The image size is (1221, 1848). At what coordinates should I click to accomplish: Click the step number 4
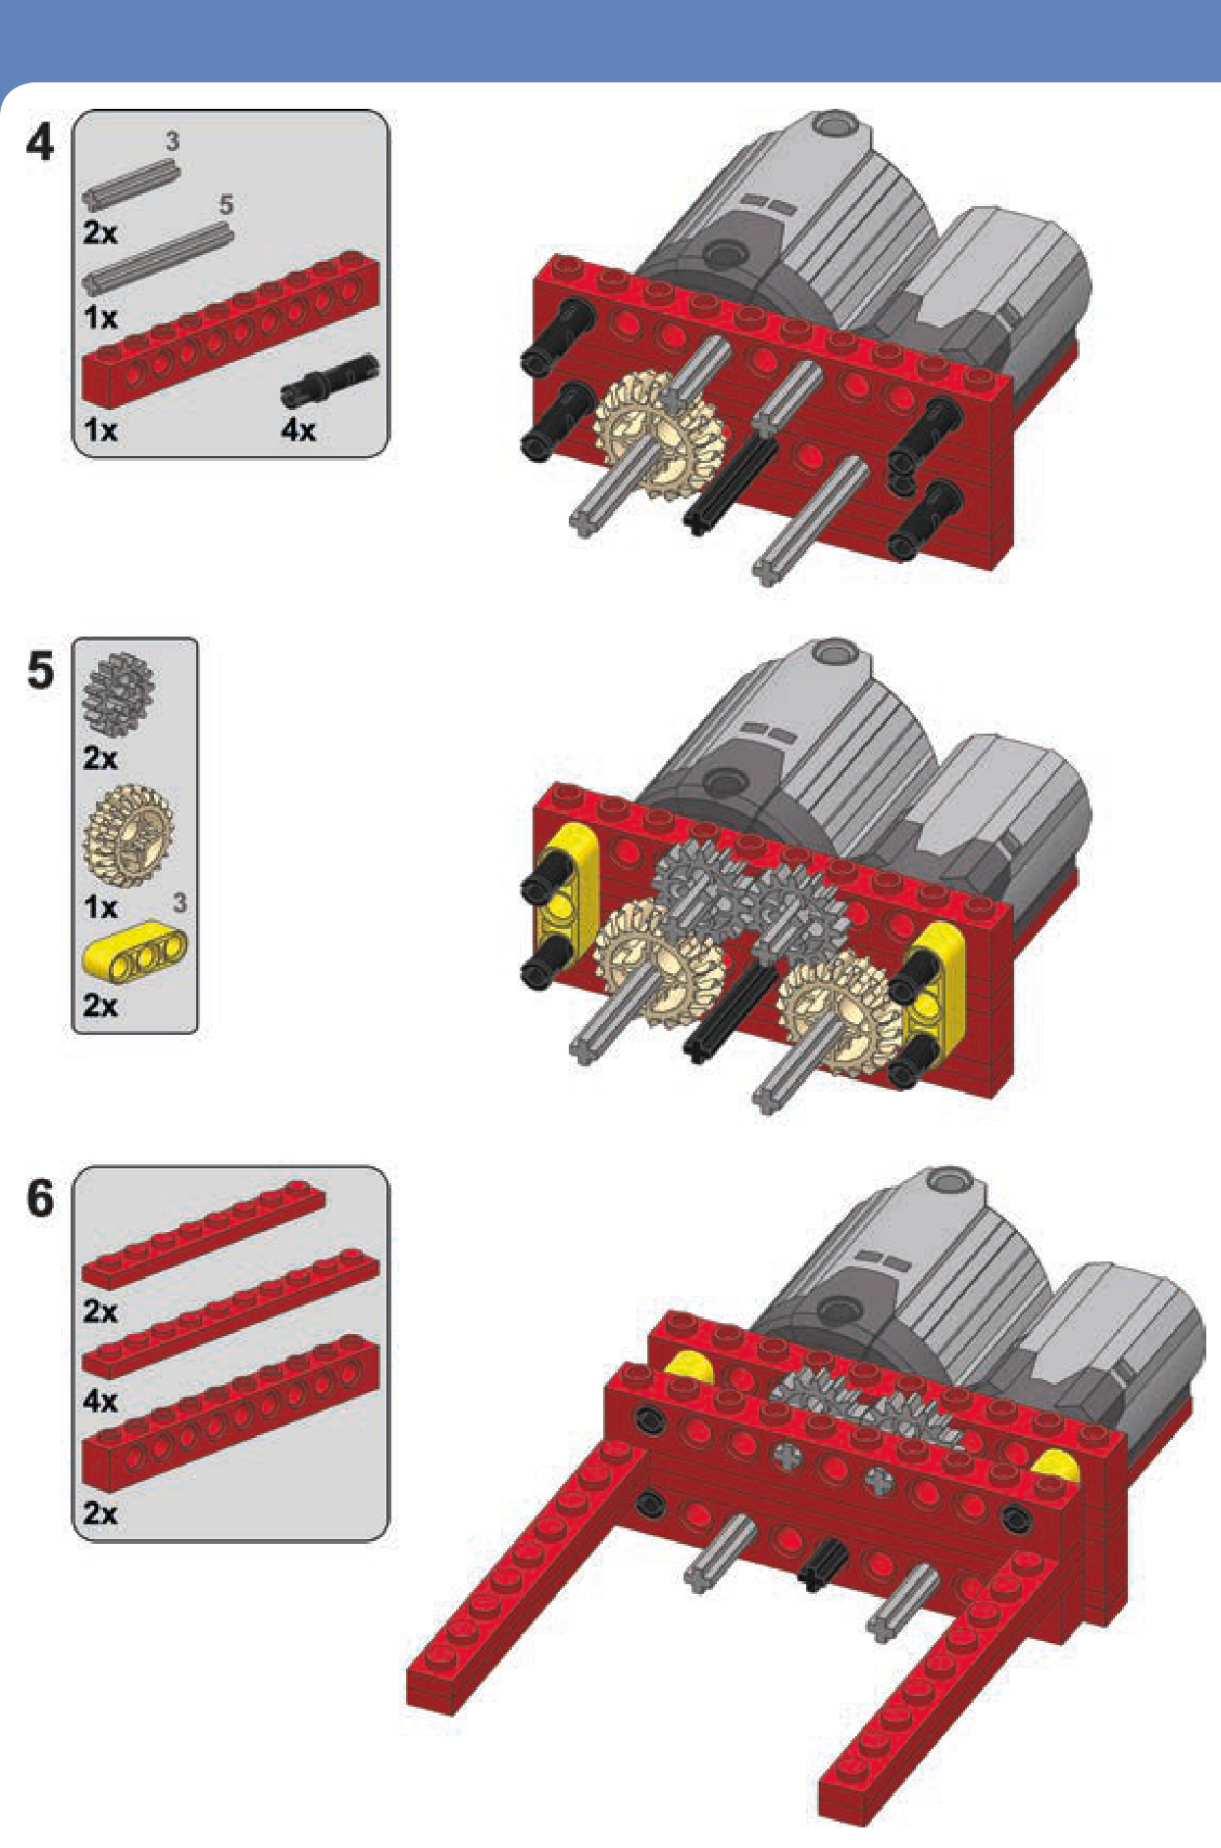point(40,143)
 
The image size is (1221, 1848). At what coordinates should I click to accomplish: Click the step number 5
point(40,671)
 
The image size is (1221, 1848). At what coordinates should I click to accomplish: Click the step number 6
point(40,1199)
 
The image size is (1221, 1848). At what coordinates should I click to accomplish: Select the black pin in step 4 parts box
point(330,381)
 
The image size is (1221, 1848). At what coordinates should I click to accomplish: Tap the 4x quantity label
point(299,430)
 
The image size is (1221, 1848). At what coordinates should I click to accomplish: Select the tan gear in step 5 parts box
point(127,836)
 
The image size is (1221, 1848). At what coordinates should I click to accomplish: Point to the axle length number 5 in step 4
point(226,205)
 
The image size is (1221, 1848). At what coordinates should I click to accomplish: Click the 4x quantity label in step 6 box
point(100,1401)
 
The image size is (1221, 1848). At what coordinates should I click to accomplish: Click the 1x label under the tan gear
point(100,906)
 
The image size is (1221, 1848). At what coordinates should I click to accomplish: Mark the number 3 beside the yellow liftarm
point(179,902)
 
